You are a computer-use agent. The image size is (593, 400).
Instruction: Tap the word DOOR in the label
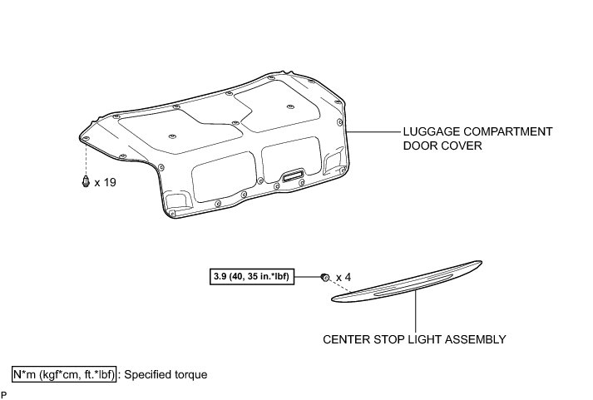[421, 146]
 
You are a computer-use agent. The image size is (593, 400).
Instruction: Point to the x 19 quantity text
[105, 182]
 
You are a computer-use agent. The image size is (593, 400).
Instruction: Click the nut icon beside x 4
[325, 276]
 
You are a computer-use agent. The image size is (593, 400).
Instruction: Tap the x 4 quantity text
[343, 276]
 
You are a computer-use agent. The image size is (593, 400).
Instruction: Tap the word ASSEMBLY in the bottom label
[480, 339]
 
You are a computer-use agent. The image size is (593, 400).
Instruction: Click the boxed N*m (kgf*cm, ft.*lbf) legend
[64, 374]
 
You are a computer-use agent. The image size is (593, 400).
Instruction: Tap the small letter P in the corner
[4, 394]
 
